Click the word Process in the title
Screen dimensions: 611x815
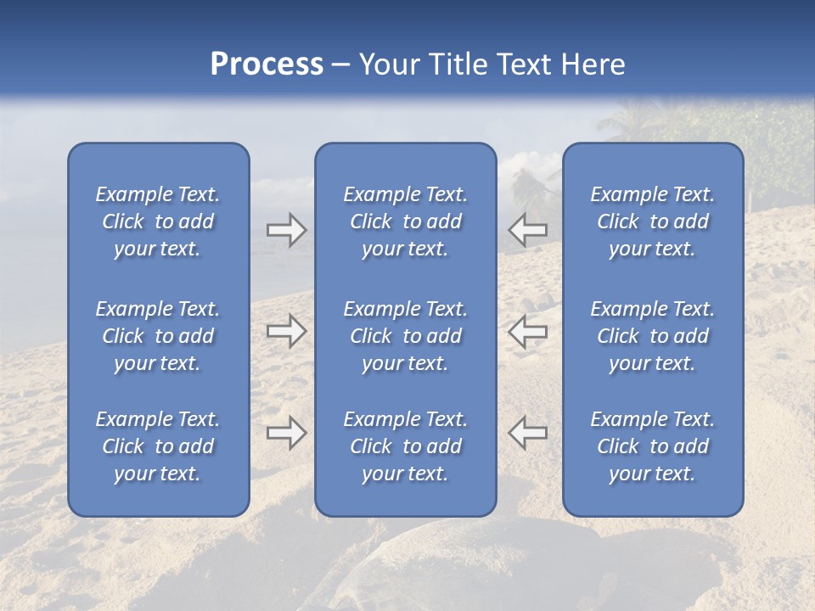[267, 64]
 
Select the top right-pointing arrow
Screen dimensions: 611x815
[286, 229]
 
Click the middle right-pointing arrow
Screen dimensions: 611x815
[286, 331]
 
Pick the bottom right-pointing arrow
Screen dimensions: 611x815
[286, 433]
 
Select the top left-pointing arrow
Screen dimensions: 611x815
[527, 229]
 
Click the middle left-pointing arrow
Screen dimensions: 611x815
[527, 331]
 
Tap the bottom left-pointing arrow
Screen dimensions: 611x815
[527, 433]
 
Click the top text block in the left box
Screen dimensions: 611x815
[158, 221]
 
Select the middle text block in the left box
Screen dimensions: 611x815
[158, 336]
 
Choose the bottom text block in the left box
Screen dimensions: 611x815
[158, 446]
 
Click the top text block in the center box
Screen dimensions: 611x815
[406, 221]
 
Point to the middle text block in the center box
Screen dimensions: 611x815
[406, 336]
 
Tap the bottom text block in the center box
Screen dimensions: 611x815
[406, 446]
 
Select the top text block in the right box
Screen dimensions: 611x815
[653, 221]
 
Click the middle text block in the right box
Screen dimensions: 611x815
[653, 336]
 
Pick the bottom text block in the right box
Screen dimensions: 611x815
[653, 446]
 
